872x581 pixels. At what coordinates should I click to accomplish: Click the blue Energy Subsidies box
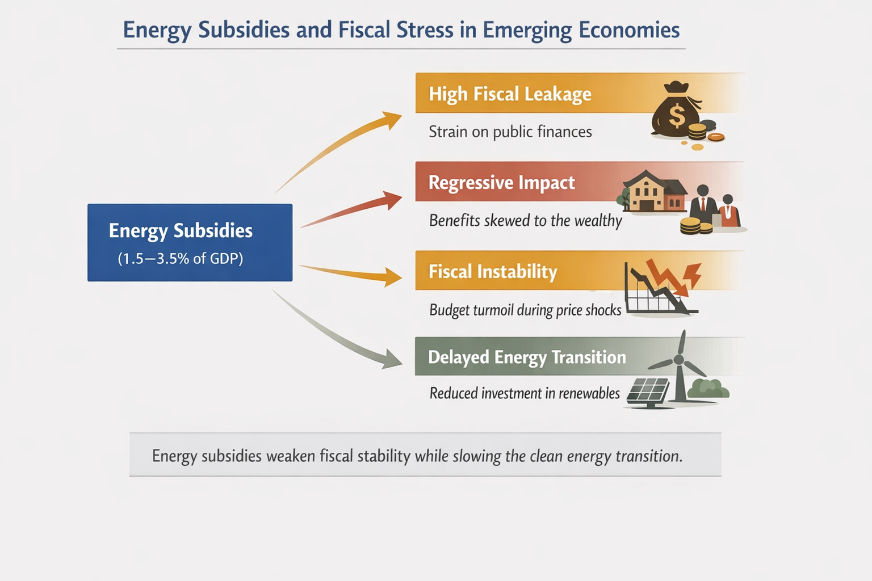[x=190, y=242]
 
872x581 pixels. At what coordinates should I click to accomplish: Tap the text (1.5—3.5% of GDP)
[x=181, y=259]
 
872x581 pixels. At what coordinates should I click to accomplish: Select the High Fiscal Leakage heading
[x=510, y=94]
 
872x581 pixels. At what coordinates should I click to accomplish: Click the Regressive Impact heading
[x=501, y=183]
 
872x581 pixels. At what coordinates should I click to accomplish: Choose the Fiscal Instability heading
[x=492, y=271]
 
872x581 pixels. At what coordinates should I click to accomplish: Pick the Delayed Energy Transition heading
[x=527, y=357]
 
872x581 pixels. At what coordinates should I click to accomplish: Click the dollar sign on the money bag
[x=677, y=116]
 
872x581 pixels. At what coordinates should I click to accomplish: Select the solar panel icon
[x=648, y=391]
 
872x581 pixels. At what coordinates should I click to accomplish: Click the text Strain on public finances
[x=510, y=132]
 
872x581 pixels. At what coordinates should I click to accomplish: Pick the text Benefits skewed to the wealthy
[x=525, y=220]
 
